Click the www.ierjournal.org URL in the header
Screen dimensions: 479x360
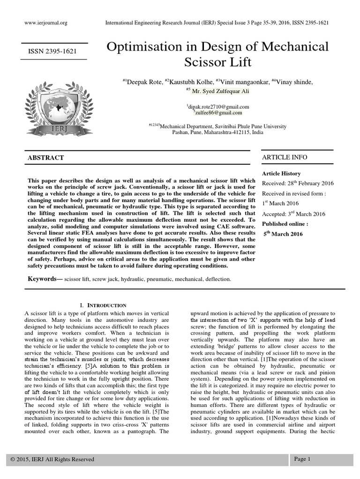[45, 22]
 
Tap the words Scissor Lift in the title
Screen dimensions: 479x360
[218, 62]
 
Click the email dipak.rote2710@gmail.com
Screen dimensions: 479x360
[218, 107]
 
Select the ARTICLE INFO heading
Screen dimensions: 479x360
[285, 157]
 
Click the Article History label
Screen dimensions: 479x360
[281, 174]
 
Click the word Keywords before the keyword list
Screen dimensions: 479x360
[44, 279]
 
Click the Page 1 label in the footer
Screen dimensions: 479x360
[302, 459]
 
